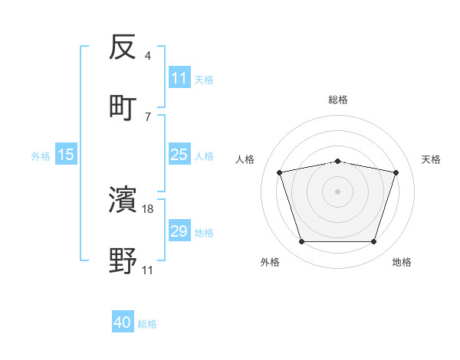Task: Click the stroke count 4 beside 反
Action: point(147,56)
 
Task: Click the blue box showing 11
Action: point(179,78)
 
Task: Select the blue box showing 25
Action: point(179,155)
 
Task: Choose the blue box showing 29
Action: point(179,231)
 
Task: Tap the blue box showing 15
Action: point(66,155)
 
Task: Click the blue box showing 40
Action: point(123,322)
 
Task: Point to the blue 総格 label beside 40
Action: point(147,324)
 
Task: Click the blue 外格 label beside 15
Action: point(41,155)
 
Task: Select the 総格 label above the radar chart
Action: point(338,100)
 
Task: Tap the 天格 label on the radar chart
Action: point(432,159)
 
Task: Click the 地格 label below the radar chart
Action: point(402,262)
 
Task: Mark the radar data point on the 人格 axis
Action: point(280,172)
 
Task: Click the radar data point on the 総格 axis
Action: point(338,161)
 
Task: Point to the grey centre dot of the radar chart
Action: point(338,191)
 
